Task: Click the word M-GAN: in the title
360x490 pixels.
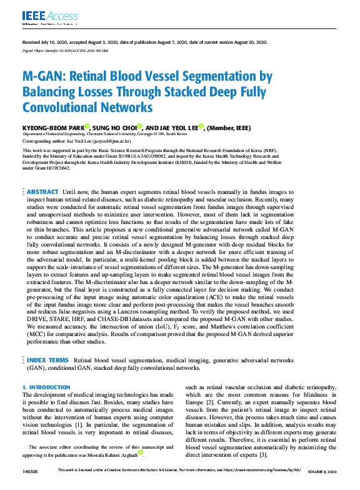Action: tap(43, 77)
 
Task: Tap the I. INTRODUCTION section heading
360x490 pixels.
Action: tap(46, 387)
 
